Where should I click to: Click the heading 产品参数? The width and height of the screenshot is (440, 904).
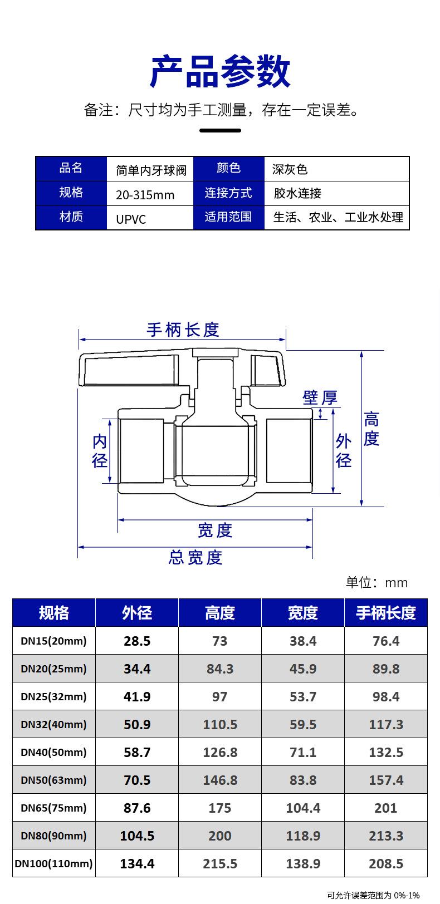coord(220,72)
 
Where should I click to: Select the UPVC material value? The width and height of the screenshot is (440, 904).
coord(131,219)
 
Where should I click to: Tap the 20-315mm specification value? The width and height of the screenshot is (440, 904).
coord(145,195)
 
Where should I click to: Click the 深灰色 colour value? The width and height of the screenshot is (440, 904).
coord(290,169)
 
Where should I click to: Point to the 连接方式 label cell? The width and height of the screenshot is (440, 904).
coord(228,193)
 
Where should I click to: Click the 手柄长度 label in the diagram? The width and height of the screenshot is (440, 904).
coord(183,330)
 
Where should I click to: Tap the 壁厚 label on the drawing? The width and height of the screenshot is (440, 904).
coord(320,397)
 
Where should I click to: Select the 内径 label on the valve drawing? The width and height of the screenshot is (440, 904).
coord(100,451)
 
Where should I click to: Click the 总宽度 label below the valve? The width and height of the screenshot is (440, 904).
coord(195,557)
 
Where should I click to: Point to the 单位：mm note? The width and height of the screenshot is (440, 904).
coord(377,582)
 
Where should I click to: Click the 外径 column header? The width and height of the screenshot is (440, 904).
coord(137,613)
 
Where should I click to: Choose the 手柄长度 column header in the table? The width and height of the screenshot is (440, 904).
coord(386,613)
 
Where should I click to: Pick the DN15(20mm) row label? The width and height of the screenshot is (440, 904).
coord(54,641)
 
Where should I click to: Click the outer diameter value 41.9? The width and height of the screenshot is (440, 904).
coord(137,696)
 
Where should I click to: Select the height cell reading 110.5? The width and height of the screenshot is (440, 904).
coord(220,724)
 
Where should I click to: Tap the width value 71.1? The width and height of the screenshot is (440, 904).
coord(303,752)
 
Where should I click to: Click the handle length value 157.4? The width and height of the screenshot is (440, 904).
coord(386,780)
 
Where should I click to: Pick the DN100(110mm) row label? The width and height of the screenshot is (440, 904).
coord(54,863)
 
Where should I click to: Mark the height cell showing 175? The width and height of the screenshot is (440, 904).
coord(220,808)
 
